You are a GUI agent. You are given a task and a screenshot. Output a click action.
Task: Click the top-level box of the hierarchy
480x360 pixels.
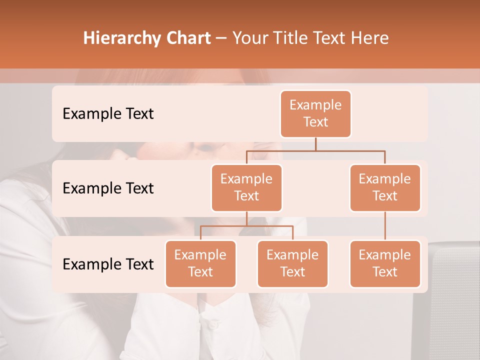[x=315, y=114]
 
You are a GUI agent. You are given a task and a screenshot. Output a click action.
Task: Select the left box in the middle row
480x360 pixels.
[x=246, y=188]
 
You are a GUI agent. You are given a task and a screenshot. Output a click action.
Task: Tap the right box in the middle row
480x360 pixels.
[x=385, y=188]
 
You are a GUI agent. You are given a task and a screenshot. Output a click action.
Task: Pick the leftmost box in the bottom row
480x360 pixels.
[x=200, y=264]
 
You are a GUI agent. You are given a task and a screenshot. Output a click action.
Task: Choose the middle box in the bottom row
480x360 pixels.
[x=292, y=264]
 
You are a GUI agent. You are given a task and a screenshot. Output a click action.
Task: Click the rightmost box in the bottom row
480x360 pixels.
[x=385, y=264]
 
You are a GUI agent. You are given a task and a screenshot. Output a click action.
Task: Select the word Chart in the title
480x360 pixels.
[x=187, y=38]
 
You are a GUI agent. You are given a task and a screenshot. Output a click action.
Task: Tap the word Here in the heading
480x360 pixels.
[x=369, y=38]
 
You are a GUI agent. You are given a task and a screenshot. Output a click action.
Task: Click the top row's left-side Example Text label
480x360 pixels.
[x=108, y=114]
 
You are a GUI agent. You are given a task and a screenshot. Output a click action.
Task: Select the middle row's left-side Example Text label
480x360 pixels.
[x=108, y=188]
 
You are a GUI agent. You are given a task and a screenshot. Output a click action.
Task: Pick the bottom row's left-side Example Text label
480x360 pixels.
[x=108, y=264]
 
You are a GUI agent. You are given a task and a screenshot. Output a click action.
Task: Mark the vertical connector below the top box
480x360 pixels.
[x=315, y=144]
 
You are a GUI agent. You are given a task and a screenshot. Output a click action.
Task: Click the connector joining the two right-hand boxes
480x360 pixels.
[x=385, y=226]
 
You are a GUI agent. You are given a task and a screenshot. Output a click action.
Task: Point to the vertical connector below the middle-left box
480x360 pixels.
[x=246, y=218]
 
